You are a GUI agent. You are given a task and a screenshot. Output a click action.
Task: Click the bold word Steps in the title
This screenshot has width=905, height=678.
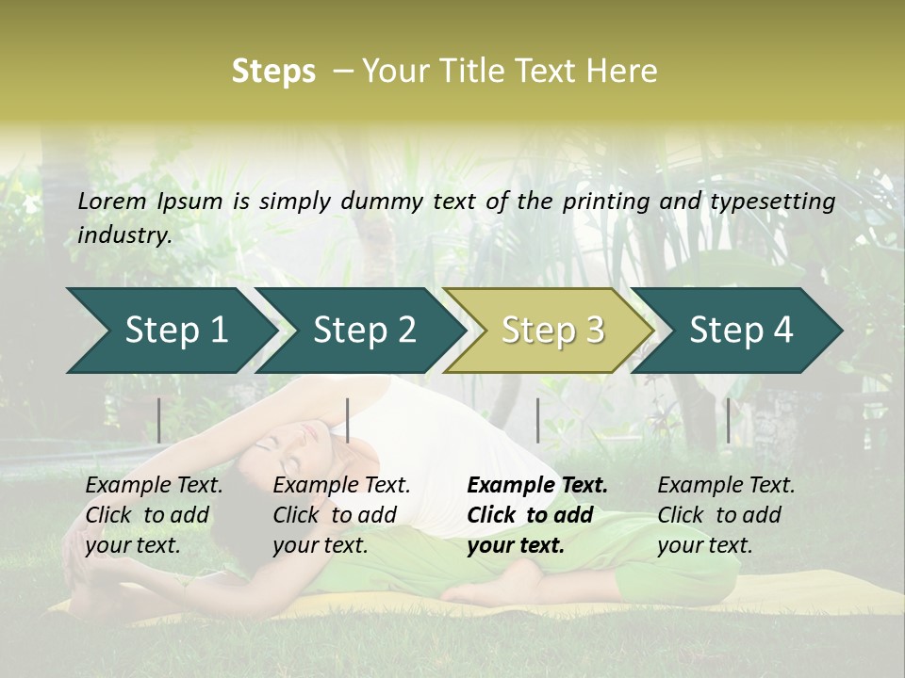273,72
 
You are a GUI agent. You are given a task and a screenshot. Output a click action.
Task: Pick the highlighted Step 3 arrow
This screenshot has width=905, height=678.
550,331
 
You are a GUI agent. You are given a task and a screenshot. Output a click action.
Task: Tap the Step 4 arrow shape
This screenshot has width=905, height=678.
738,331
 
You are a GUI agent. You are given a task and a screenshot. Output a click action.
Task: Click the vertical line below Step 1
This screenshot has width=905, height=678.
159,420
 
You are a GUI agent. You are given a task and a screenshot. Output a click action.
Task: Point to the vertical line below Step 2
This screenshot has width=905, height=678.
348,420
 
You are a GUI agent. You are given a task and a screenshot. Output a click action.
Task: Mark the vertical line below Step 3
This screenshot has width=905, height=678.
537,420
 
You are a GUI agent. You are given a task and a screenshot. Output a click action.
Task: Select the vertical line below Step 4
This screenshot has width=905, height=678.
728,420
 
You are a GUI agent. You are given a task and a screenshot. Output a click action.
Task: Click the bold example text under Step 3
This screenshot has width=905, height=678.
537,515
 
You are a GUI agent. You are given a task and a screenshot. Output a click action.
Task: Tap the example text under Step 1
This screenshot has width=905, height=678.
154,515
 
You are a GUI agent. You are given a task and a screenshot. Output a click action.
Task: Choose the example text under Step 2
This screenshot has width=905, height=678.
341,515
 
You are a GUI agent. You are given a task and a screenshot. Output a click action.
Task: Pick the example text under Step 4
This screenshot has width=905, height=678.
726,515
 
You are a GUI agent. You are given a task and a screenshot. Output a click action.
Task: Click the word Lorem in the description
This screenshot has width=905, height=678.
112,202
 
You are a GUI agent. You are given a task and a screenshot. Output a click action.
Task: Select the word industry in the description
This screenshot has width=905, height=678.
123,235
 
